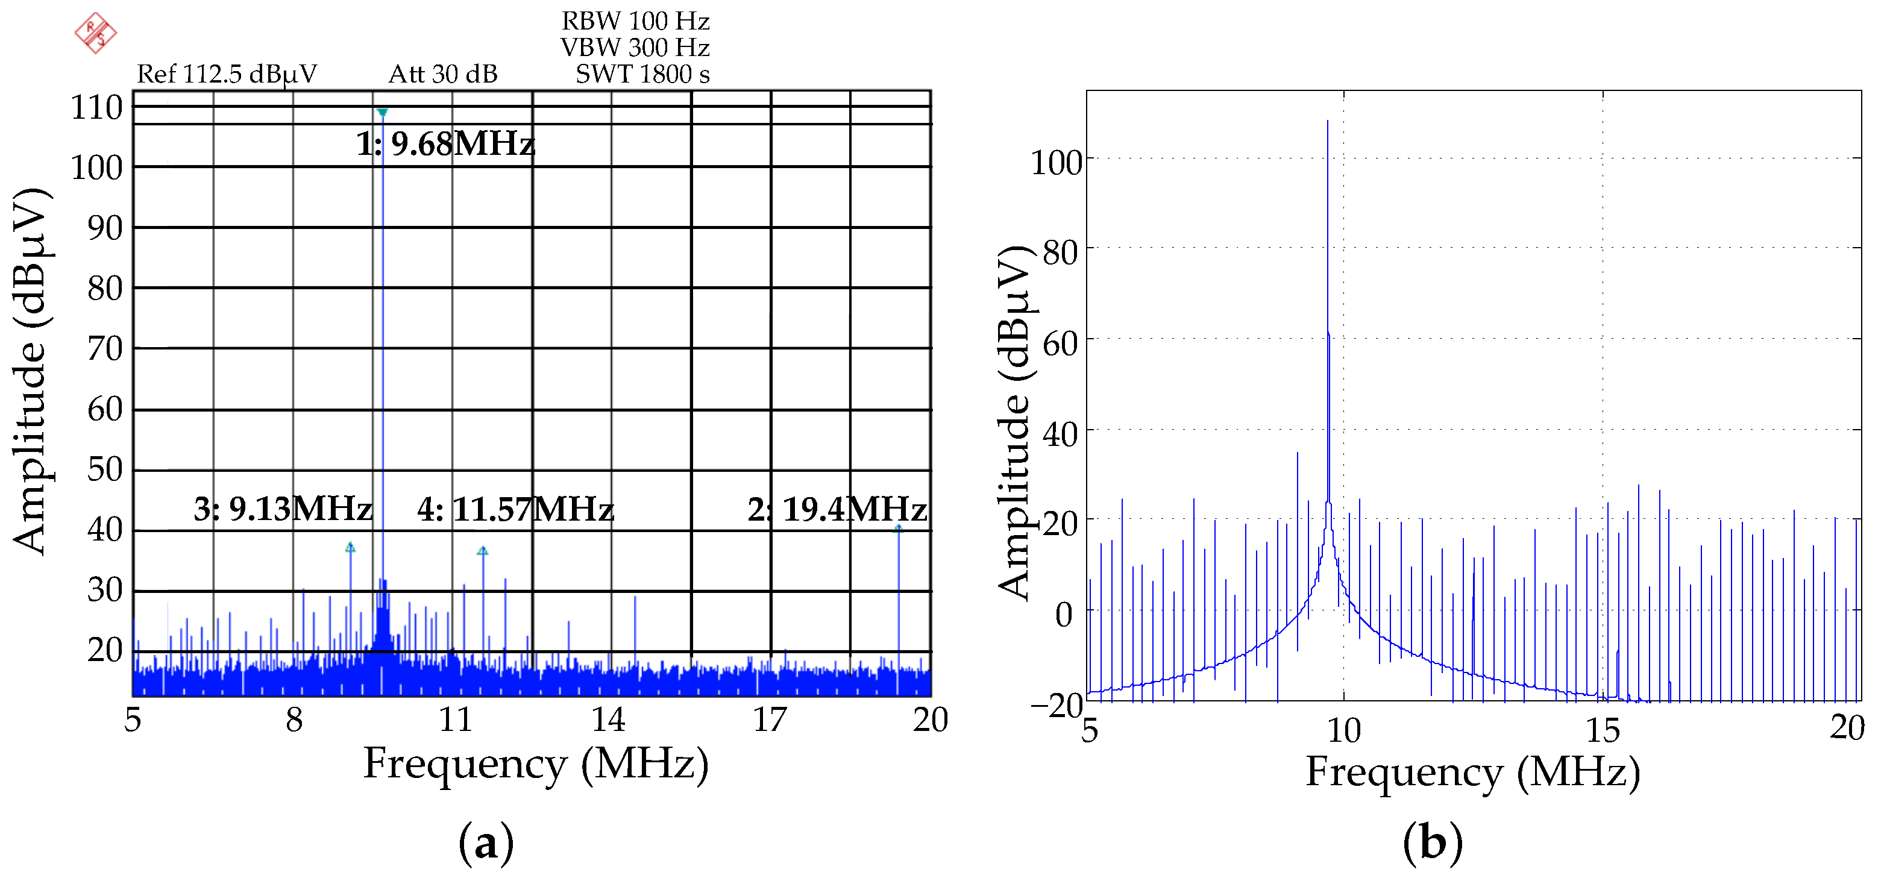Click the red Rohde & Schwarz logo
point(96,32)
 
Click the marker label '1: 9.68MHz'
point(445,143)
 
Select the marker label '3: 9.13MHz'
point(283,509)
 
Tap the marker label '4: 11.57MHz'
point(515,509)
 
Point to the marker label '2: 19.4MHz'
point(837,509)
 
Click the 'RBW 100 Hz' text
point(635,20)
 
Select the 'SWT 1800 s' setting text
point(642,74)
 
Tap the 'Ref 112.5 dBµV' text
point(227,74)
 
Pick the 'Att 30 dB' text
point(442,74)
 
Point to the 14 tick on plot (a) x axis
point(609,720)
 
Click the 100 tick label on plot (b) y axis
point(1055,162)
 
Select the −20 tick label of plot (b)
point(1055,706)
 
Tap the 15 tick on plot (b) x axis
point(1603,730)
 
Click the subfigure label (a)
point(486,842)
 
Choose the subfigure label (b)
point(1432,842)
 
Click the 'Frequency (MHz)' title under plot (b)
point(1472,772)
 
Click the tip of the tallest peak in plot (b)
point(1328,121)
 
